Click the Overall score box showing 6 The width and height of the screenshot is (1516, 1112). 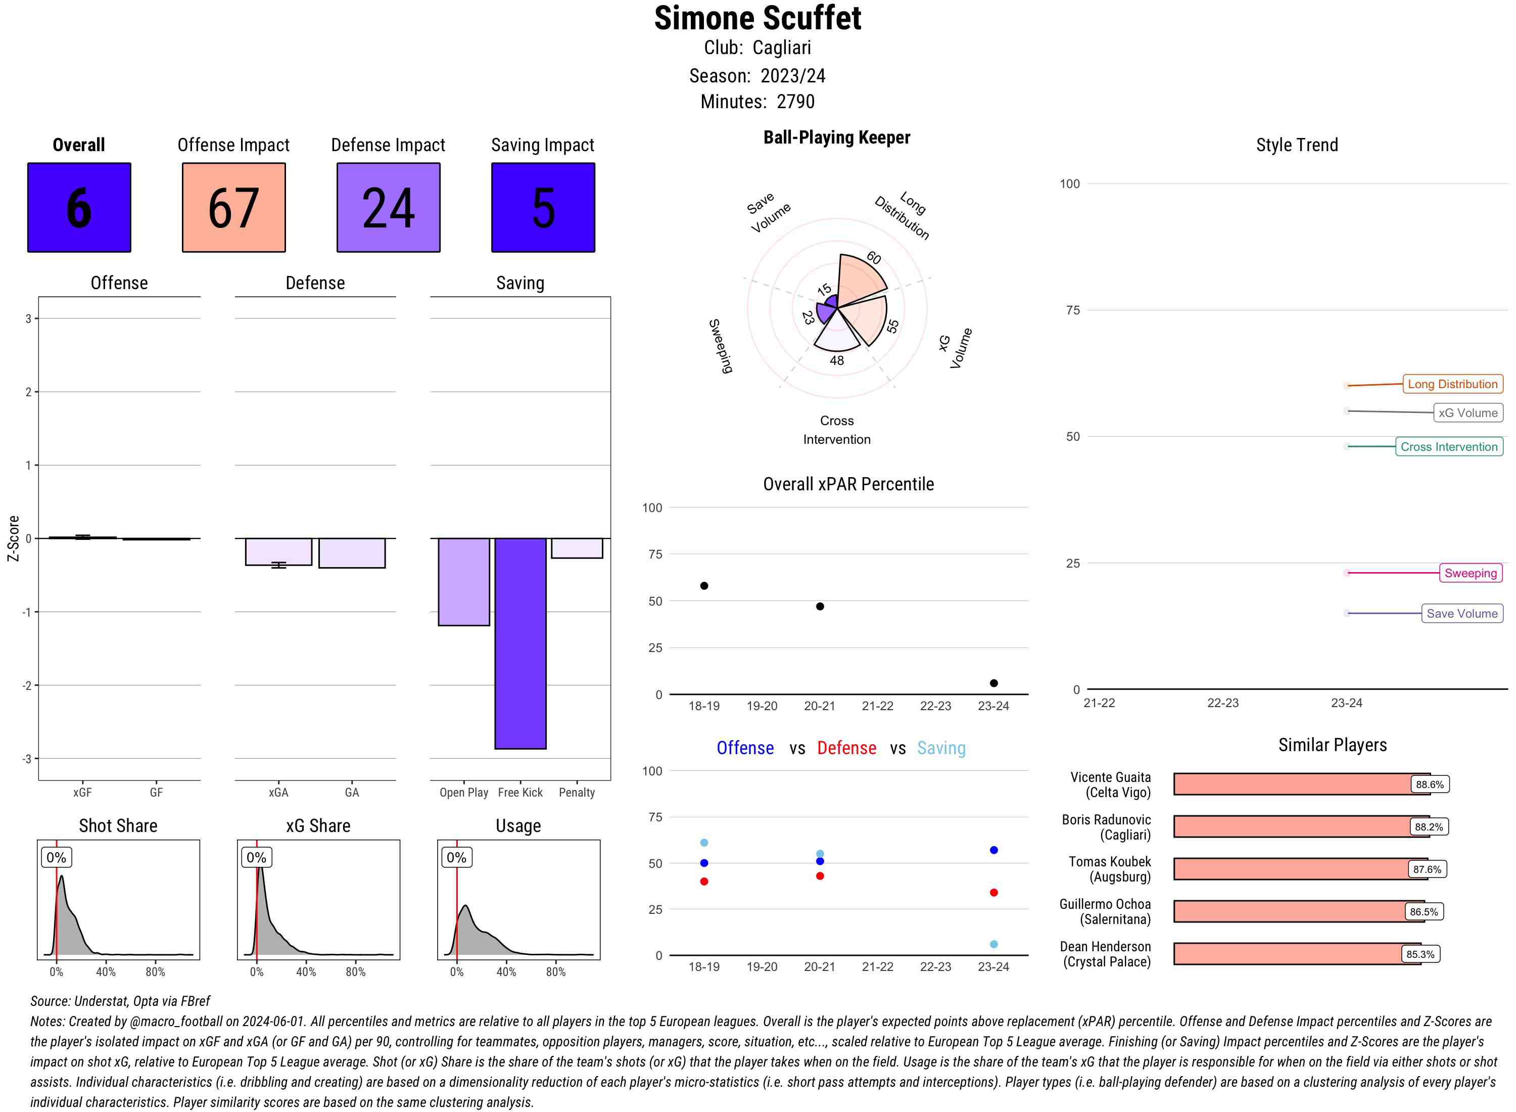click(79, 207)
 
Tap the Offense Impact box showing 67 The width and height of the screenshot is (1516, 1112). click(233, 207)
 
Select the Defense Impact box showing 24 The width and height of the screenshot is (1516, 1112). click(388, 207)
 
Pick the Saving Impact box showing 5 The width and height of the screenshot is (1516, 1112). click(543, 207)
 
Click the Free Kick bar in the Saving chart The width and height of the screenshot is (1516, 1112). click(520, 643)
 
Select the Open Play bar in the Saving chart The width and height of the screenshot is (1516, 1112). click(463, 582)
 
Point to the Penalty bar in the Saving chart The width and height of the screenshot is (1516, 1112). click(577, 548)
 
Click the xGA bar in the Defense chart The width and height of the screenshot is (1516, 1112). click(278, 551)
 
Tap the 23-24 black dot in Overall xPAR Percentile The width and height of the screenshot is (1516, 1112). click(993, 683)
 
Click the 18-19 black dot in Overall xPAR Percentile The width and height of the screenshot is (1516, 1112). click(704, 586)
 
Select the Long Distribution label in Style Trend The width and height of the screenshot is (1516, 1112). click(1452, 384)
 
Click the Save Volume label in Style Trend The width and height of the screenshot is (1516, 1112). click(1461, 613)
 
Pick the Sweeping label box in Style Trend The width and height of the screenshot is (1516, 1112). click(1470, 573)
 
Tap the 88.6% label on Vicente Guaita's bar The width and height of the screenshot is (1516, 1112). click(1429, 784)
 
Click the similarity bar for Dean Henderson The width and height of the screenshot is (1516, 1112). click(1297, 954)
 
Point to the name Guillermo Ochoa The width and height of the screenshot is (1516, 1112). click(1104, 904)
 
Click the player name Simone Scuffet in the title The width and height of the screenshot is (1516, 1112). click(757, 18)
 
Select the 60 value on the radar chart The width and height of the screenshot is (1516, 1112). click(873, 258)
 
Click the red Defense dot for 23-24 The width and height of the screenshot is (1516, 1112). click(993, 893)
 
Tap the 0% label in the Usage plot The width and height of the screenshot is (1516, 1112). click(456, 858)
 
